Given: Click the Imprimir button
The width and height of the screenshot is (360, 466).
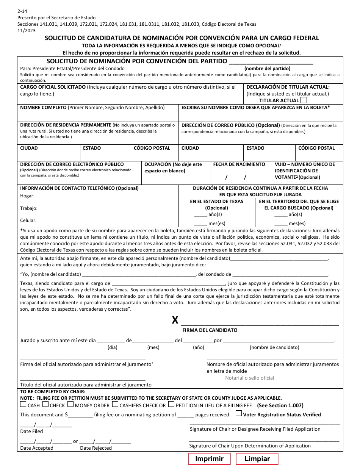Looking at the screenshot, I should click(x=209, y=459).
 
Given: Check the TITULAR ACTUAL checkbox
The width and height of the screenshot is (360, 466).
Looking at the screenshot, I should click(x=304, y=100).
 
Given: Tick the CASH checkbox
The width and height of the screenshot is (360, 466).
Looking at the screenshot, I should click(x=23, y=405).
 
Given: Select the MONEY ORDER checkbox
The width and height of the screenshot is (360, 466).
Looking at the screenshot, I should click(x=70, y=405).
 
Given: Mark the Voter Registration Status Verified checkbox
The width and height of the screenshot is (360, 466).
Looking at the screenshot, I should click(x=239, y=414).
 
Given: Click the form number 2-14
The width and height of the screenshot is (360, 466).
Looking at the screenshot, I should click(x=22, y=12).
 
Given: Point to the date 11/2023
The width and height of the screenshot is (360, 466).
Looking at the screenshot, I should click(x=27, y=30).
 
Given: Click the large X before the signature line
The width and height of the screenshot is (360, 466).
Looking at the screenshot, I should click(x=175, y=321).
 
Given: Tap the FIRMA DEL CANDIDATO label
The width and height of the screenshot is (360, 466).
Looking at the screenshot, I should click(x=210, y=330).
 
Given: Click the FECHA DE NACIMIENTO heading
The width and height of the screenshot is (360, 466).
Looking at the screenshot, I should click(x=239, y=164).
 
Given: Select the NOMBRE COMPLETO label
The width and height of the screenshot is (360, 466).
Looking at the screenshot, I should click(x=43, y=108).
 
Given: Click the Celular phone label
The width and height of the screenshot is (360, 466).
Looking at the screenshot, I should click(x=28, y=220).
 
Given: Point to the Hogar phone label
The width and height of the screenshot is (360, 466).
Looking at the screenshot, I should click(x=27, y=195).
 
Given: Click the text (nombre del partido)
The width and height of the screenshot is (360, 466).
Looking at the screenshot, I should click(x=267, y=69).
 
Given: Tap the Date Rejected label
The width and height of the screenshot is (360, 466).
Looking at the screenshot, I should click(x=96, y=448).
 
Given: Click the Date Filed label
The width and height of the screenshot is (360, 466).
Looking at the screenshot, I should click(x=31, y=431).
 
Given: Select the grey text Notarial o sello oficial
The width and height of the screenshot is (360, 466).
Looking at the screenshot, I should click(x=249, y=378).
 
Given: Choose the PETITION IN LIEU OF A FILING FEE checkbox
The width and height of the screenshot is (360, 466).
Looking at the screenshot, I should click(x=171, y=405).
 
